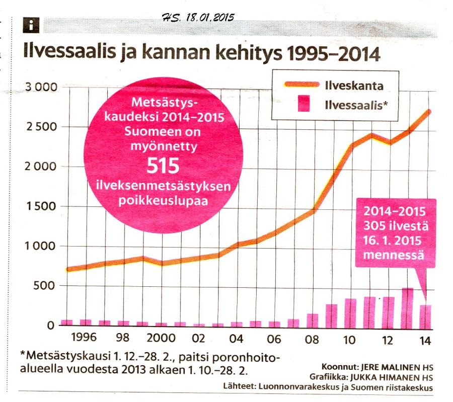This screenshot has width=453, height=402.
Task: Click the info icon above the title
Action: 31,24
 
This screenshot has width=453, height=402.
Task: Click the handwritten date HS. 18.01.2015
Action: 199,17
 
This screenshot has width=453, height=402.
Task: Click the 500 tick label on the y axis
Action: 46,286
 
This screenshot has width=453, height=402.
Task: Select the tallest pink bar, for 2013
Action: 407,306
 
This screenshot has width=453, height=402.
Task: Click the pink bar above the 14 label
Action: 426,315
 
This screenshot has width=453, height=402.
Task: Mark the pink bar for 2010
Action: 350,312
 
